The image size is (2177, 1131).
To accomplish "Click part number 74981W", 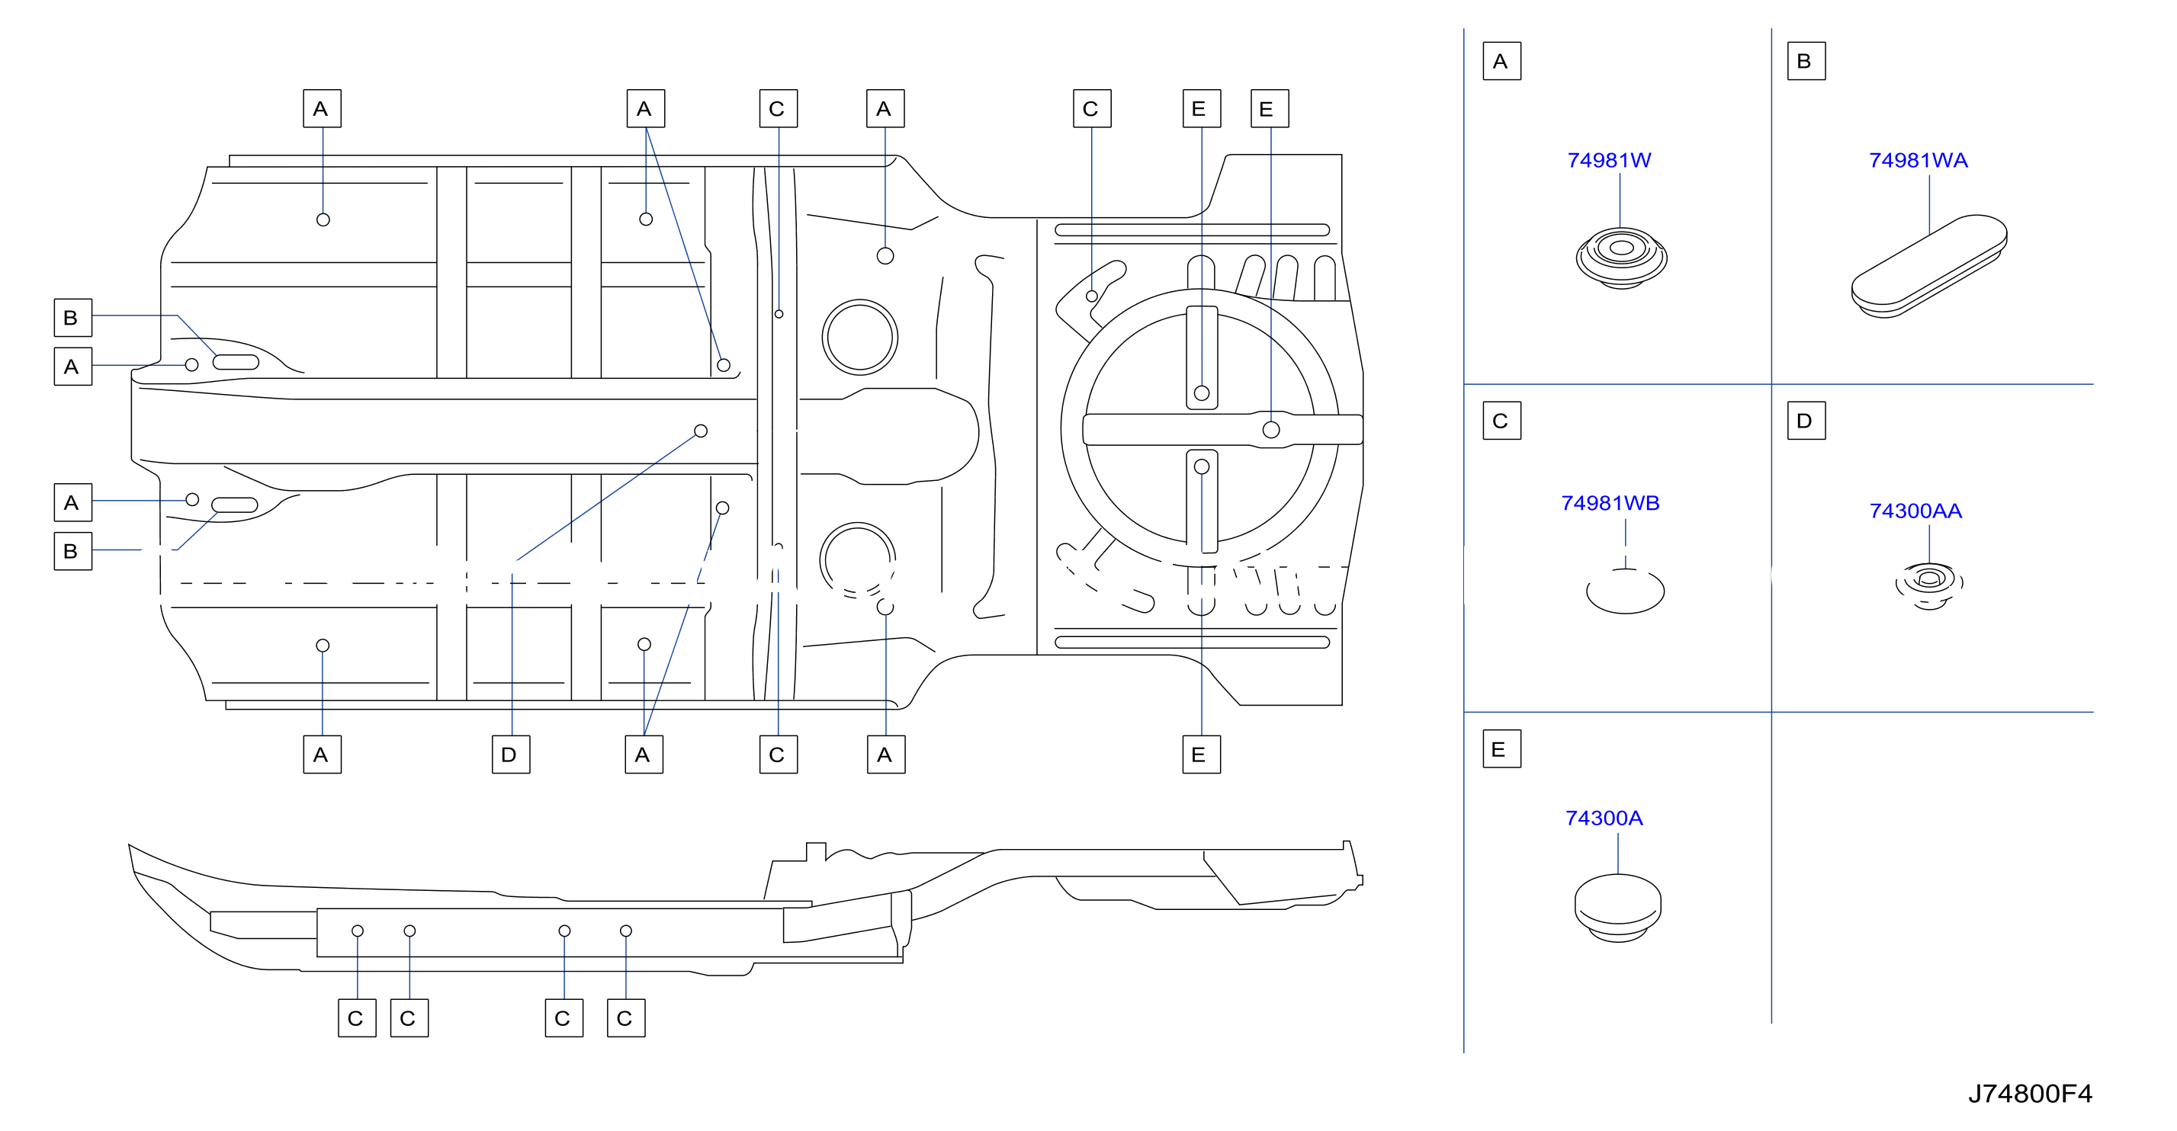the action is tap(1608, 161).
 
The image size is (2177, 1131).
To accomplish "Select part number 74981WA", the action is tap(1918, 161).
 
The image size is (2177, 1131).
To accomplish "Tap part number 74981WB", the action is tap(1610, 504).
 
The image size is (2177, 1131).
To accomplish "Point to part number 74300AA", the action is tap(1915, 511).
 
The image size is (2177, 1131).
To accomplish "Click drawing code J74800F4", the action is tap(2029, 1094).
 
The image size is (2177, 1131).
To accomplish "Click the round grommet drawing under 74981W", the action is tap(1621, 258).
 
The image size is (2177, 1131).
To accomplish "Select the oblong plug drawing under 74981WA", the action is tap(1928, 266).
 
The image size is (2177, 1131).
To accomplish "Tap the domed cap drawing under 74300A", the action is tap(1617, 908).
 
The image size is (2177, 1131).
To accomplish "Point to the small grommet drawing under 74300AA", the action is tap(1928, 585).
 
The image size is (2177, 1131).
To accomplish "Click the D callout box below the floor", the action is tap(510, 755).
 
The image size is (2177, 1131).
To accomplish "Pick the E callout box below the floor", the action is tap(1201, 755).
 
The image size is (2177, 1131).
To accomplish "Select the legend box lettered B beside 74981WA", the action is tap(1806, 61).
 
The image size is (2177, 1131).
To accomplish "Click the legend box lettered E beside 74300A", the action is tap(1501, 749).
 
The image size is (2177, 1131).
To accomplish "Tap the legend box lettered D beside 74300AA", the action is tap(1806, 421).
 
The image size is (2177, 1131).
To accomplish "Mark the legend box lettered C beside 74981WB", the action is tap(1501, 421).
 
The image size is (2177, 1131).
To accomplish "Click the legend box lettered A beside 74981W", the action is tap(1501, 61).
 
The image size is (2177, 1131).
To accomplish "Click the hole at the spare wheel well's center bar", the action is tap(1270, 430).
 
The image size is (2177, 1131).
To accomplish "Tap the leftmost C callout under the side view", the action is tap(357, 1017).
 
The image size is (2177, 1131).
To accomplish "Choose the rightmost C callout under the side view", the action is tap(625, 1017).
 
